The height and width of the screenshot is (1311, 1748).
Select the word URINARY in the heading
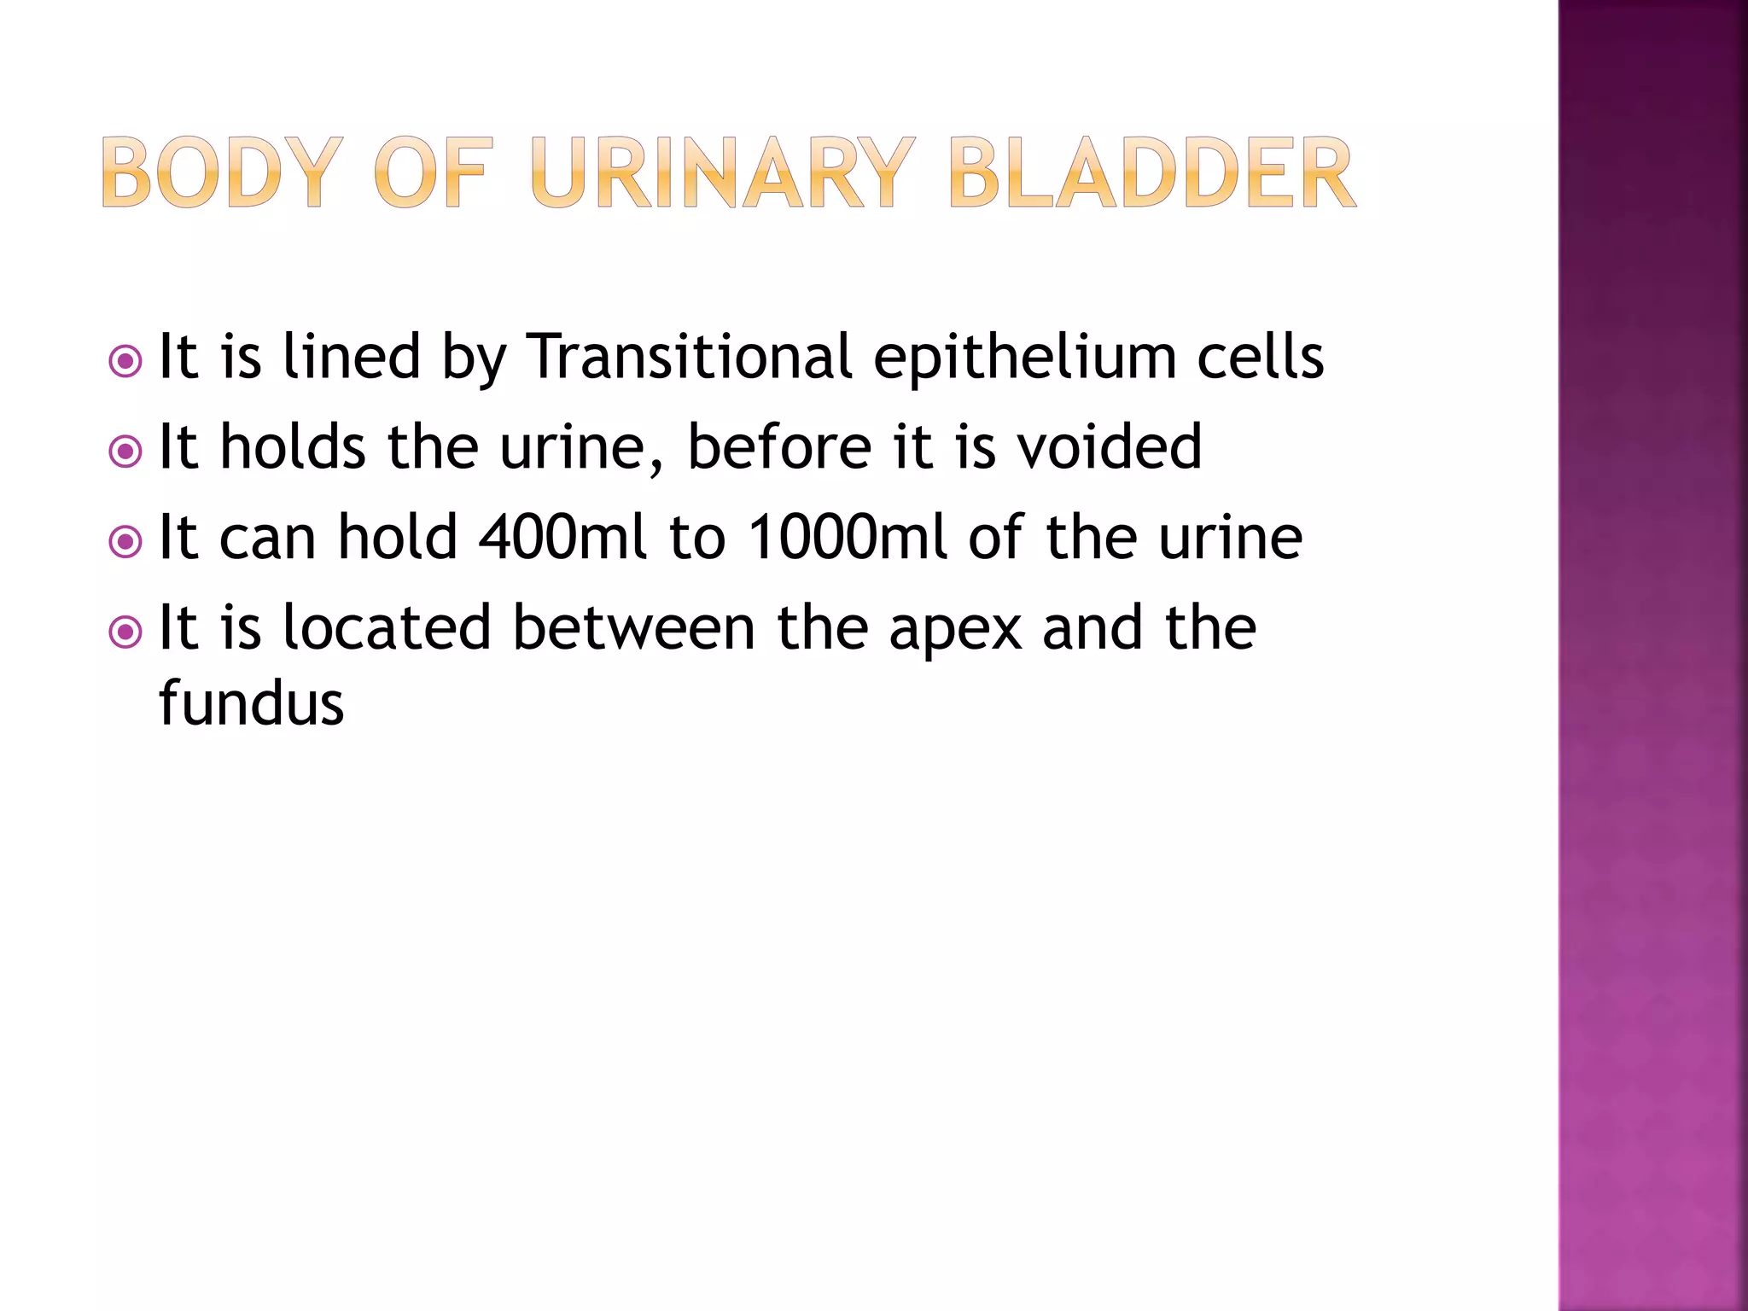tap(722, 173)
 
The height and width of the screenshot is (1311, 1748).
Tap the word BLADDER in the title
tap(1151, 173)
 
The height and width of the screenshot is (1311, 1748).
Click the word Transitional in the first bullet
tap(689, 356)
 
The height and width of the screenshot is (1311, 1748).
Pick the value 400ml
tap(562, 537)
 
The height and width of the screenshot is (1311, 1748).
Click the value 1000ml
tap(847, 537)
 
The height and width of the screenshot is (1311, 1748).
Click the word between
tap(633, 627)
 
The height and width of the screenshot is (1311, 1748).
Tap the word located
tap(387, 627)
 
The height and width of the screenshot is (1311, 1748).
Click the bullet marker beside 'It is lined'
tap(126, 362)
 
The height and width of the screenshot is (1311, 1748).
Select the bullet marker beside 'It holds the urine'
tap(126, 452)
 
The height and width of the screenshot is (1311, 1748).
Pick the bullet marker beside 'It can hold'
tap(126, 542)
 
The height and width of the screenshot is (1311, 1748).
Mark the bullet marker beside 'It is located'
tap(126, 632)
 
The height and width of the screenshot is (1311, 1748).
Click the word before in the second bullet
tap(779, 446)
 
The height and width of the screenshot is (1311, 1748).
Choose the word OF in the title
tap(434, 173)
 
